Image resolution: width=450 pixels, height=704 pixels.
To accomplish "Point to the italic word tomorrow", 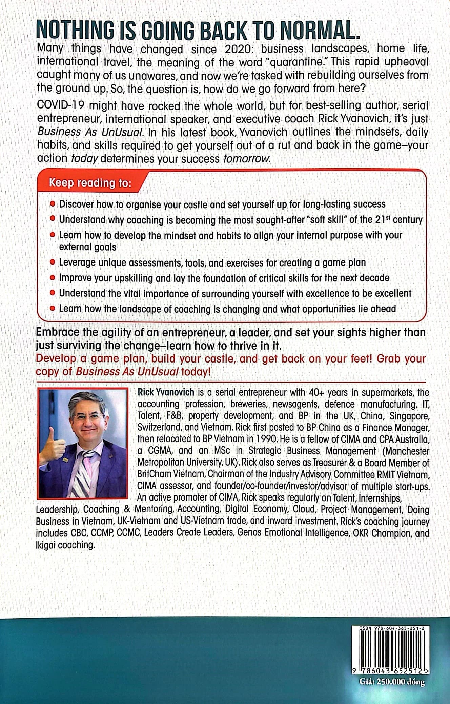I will pyautogui.click(x=247, y=158).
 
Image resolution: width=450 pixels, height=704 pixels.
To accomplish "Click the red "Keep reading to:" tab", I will pyautogui.click(x=90, y=183).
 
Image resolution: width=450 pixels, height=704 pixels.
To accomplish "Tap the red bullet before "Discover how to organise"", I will pyautogui.click(x=52, y=204).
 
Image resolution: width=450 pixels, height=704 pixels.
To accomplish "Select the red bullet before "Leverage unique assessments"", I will pyautogui.click(x=52, y=262).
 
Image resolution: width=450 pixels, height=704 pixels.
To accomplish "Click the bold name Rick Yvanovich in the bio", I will pyautogui.click(x=166, y=392).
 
